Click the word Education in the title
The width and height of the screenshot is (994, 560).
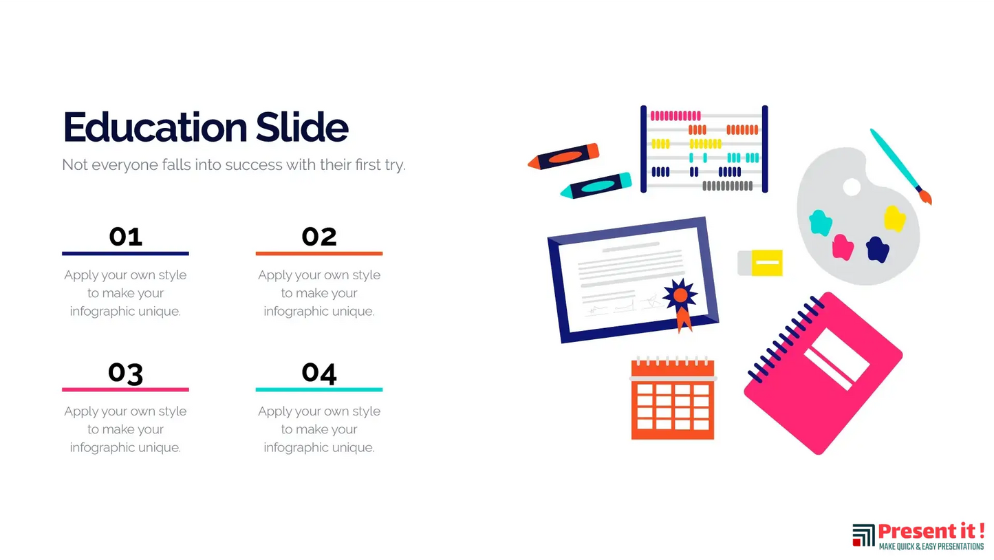click(x=155, y=127)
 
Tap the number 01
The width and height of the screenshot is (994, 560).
click(x=126, y=237)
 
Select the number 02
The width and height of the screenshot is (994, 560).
click(x=319, y=237)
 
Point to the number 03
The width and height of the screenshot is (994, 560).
click(x=126, y=373)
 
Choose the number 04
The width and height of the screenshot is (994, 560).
click(x=319, y=373)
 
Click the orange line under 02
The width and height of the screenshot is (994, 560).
click(x=319, y=253)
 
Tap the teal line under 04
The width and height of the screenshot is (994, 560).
click(x=319, y=389)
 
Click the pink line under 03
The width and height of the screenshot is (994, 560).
click(x=126, y=389)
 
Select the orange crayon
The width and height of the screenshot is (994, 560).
click(x=563, y=156)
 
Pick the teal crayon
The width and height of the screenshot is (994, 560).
click(x=596, y=186)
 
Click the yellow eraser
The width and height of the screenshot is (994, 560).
click(x=760, y=263)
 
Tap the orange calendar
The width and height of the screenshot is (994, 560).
click(x=673, y=398)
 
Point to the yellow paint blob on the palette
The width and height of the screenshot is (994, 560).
click(x=894, y=218)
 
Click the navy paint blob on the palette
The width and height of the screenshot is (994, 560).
click(x=878, y=249)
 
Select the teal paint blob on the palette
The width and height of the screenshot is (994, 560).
click(x=820, y=223)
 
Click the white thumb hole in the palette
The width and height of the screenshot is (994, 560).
click(x=852, y=187)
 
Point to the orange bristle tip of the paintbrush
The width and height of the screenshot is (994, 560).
click(x=926, y=197)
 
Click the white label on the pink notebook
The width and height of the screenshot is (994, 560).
click(x=836, y=359)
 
